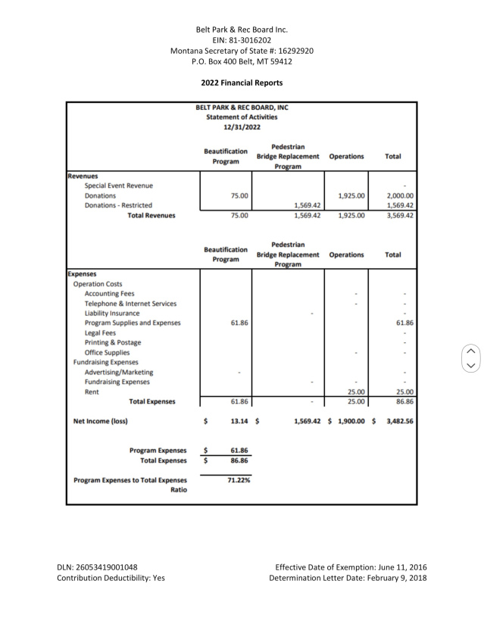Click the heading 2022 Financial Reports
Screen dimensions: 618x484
tap(242, 83)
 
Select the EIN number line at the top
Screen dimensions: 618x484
tap(242, 40)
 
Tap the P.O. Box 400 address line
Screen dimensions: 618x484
tap(242, 61)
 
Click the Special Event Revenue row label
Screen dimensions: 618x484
tap(119, 186)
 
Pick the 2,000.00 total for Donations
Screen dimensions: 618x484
tap(400, 195)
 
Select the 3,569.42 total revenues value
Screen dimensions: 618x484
tap(400, 215)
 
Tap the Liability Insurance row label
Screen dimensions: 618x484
tap(112, 313)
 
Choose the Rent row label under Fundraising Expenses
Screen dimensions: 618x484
tap(92, 392)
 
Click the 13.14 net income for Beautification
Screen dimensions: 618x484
tap(239, 420)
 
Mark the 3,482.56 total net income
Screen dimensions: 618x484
tap(400, 420)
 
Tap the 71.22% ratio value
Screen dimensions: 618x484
tap(239, 479)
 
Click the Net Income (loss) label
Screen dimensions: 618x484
tap(98, 420)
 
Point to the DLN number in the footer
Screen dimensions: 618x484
tap(97, 566)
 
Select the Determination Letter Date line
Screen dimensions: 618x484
tap(348, 578)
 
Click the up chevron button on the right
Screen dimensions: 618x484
tap(470, 351)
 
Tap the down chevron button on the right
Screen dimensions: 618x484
tap(470, 365)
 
